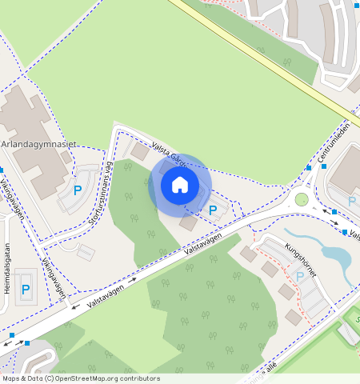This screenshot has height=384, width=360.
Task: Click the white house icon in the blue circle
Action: click(180, 185)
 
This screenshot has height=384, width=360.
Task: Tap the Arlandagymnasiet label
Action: click(38, 144)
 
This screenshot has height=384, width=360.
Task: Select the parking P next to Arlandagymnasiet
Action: click(78, 190)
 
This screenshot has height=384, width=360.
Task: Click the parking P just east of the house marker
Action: click(213, 210)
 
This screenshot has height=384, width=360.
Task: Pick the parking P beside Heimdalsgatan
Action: click(26, 290)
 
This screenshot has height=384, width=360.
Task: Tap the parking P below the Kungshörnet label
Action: click(300, 276)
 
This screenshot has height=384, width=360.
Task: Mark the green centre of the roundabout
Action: click(302, 199)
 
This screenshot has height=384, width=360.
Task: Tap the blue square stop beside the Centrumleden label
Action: click(309, 168)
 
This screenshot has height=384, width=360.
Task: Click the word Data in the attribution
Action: click(39, 378)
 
